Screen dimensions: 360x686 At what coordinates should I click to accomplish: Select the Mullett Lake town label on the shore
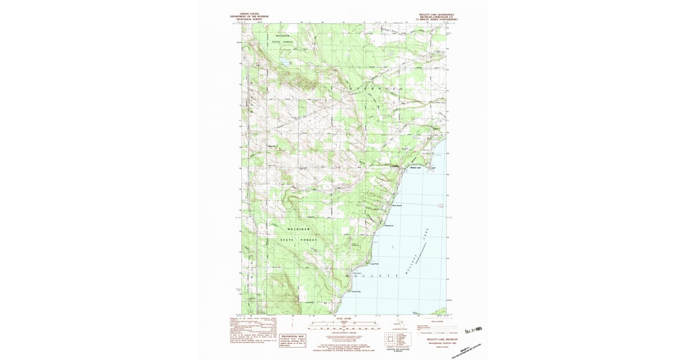click(x=416, y=167)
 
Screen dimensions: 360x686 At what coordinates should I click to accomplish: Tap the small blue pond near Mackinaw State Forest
click(x=284, y=59)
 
